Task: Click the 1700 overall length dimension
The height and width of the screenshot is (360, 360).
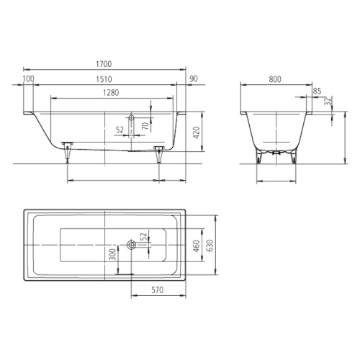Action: coord(104,64)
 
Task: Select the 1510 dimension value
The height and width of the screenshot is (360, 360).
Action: coord(104,79)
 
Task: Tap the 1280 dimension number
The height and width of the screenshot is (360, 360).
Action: coord(111,93)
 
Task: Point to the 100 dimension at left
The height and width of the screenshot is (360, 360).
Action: coord(29,78)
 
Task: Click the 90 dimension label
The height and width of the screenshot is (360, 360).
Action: coord(194,78)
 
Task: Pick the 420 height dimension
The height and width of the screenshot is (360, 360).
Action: coord(197,133)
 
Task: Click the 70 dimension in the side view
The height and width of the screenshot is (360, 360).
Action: coord(145,126)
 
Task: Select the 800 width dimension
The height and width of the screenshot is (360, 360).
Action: coord(275,79)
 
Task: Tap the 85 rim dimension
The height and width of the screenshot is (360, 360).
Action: coord(317,91)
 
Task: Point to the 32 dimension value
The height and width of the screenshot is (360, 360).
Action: coord(328,101)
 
